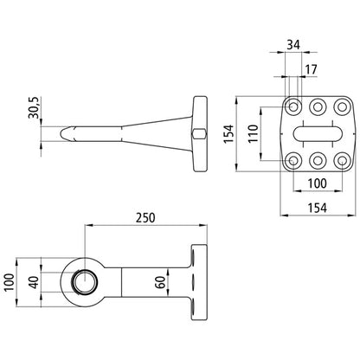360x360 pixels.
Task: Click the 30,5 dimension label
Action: pos(33,107)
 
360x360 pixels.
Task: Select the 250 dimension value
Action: pos(145,218)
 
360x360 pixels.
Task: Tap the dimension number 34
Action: pos(293,45)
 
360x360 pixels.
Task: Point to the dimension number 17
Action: pos(311,69)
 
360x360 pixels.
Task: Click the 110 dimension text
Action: pos(254,133)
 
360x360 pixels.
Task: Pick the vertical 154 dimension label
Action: pos(228,133)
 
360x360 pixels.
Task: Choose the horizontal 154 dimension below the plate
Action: pos(318,208)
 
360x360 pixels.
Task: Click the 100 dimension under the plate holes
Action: pos(318,183)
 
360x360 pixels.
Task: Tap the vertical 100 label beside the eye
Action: pos(10,283)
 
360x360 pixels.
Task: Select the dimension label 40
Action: pos(34,283)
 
